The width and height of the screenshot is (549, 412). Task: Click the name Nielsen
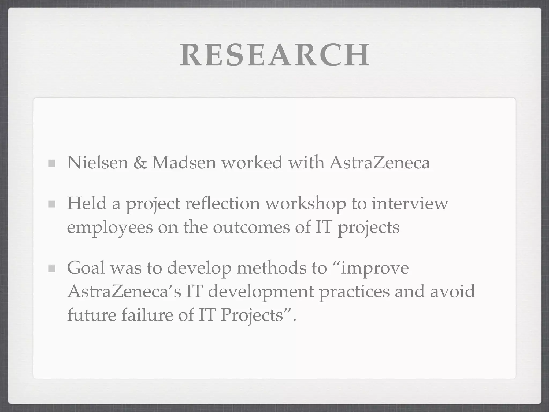click(x=98, y=163)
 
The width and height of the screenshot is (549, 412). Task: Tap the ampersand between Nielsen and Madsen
click(x=140, y=163)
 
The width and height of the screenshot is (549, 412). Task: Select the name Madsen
click(x=184, y=163)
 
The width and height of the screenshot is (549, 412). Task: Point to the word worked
click(x=252, y=163)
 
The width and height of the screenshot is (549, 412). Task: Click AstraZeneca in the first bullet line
click(x=380, y=163)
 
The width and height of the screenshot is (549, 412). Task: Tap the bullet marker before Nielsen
click(x=51, y=163)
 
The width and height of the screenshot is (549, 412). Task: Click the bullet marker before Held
click(x=51, y=204)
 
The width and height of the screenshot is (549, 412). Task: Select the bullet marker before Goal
click(x=51, y=268)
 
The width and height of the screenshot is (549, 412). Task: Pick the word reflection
click(x=222, y=203)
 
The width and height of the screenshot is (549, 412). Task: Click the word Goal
click(x=86, y=268)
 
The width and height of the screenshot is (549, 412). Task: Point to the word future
click(x=91, y=315)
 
